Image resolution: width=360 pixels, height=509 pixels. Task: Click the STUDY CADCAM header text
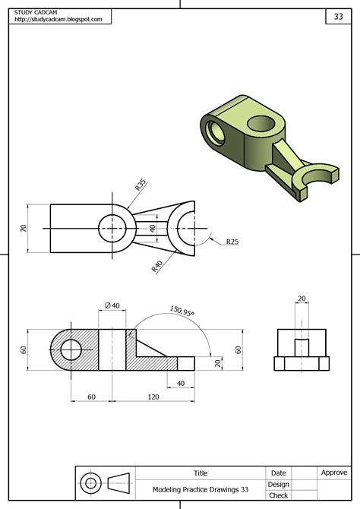pyautogui.click(x=36, y=11)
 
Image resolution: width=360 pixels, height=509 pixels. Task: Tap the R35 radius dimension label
pyautogui.click(x=141, y=185)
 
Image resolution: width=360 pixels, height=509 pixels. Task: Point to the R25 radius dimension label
pyautogui.click(x=232, y=242)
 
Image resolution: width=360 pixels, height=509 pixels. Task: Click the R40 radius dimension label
pyautogui.click(x=158, y=266)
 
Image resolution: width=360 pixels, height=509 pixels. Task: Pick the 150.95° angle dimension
pyautogui.click(x=182, y=311)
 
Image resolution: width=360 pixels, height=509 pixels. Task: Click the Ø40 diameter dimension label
pyautogui.click(x=112, y=305)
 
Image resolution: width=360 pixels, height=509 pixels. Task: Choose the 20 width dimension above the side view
pyautogui.click(x=302, y=299)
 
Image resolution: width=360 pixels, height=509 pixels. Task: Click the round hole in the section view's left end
pyautogui.click(x=71, y=350)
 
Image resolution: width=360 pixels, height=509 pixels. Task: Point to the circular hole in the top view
pyautogui.click(x=112, y=227)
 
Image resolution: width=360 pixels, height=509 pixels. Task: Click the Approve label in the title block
pyautogui.click(x=334, y=473)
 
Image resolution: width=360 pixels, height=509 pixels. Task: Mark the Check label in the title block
pyautogui.click(x=278, y=495)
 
